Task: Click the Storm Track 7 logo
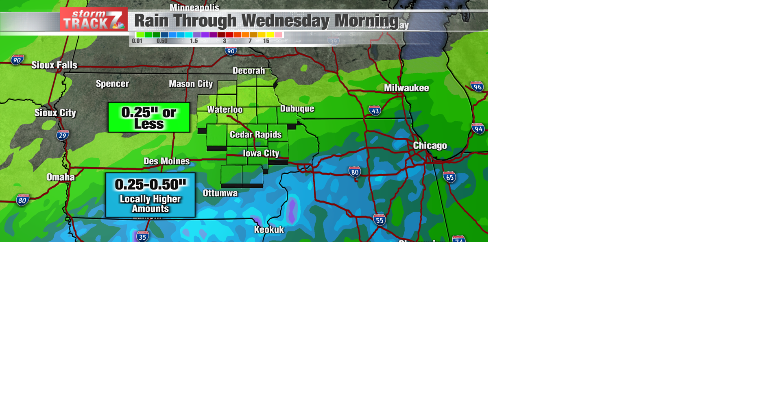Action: tap(94, 20)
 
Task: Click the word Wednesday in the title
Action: tap(285, 21)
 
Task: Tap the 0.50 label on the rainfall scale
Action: tap(162, 41)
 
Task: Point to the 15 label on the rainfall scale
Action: tap(266, 41)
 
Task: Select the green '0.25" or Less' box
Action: tap(149, 118)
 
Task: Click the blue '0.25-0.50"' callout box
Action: tap(151, 195)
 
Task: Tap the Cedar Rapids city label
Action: tap(255, 135)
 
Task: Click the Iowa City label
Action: tap(261, 153)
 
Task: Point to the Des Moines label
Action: tap(167, 161)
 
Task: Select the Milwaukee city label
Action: tap(406, 88)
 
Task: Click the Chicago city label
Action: tap(430, 146)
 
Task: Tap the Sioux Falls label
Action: tap(54, 65)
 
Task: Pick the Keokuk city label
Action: tap(269, 230)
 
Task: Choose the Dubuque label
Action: tap(297, 109)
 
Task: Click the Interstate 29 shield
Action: tap(62, 135)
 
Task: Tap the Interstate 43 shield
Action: tap(375, 111)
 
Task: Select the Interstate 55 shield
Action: tap(379, 220)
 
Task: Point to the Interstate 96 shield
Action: tap(477, 87)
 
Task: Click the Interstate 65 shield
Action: tap(449, 177)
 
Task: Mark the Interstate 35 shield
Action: tap(142, 237)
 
